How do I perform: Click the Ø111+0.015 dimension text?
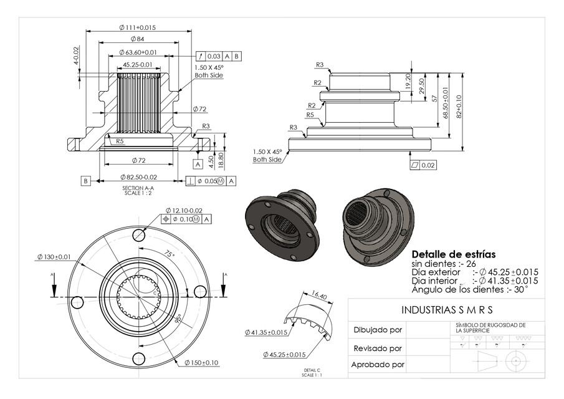[x=137, y=27]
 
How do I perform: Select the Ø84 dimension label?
[x=137, y=39]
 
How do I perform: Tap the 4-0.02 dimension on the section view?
[x=76, y=55]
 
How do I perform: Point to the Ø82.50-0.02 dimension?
[x=137, y=178]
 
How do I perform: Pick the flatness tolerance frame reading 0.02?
[x=424, y=165]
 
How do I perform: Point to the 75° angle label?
[x=170, y=255]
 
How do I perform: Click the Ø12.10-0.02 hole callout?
[x=184, y=210]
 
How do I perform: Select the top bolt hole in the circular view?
[x=138, y=236]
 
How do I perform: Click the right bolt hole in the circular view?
[x=199, y=292]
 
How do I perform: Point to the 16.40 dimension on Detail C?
[x=318, y=296]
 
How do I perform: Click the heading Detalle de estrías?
[x=454, y=254]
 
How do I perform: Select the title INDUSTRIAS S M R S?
[x=446, y=309]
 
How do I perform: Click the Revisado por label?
[x=377, y=348]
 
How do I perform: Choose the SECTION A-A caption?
[x=138, y=188]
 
